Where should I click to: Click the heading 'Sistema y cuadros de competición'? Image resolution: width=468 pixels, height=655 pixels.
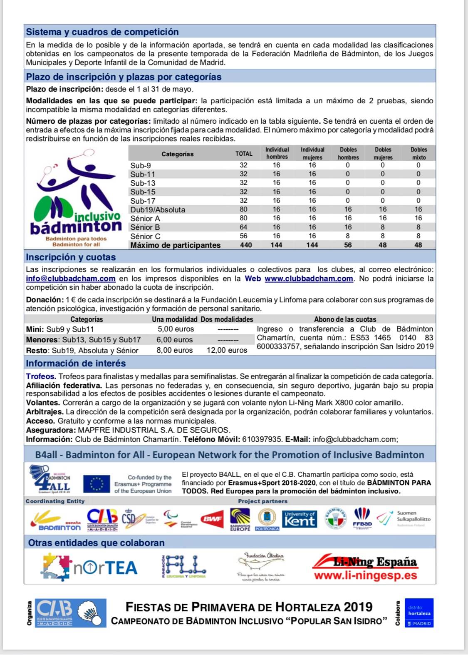click(102, 32)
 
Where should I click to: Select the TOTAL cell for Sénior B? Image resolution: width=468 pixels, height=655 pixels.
click(243, 227)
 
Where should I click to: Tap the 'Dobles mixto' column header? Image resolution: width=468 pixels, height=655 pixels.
click(418, 153)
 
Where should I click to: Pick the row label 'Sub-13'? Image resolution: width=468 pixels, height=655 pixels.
click(143, 183)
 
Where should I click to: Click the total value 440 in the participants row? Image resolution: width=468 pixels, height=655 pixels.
click(245, 245)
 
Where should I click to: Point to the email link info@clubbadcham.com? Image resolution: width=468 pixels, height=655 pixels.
click(71, 279)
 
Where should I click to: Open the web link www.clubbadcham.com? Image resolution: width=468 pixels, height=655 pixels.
click(309, 279)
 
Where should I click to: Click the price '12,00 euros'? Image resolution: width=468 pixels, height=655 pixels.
click(227, 350)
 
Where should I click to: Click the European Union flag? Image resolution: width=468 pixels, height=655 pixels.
click(97, 484)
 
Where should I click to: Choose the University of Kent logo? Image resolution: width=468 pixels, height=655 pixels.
click(300, 519)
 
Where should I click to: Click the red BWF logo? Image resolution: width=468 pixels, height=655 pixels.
click(211, 519)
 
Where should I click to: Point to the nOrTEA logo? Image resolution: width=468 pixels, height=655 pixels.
click(91, 567)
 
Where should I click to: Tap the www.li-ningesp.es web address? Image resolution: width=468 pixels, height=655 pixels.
click(365, 575)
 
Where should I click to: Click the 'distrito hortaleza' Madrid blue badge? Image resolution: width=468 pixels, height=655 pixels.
click(419, 613)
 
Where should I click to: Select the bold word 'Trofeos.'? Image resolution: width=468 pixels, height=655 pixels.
click(41, 376)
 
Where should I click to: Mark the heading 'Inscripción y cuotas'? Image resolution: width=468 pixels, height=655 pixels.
click(71, 257)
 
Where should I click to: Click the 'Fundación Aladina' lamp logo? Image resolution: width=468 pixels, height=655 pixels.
click(261, 566)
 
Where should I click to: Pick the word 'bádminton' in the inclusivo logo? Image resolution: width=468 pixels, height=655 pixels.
click(76, 227)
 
